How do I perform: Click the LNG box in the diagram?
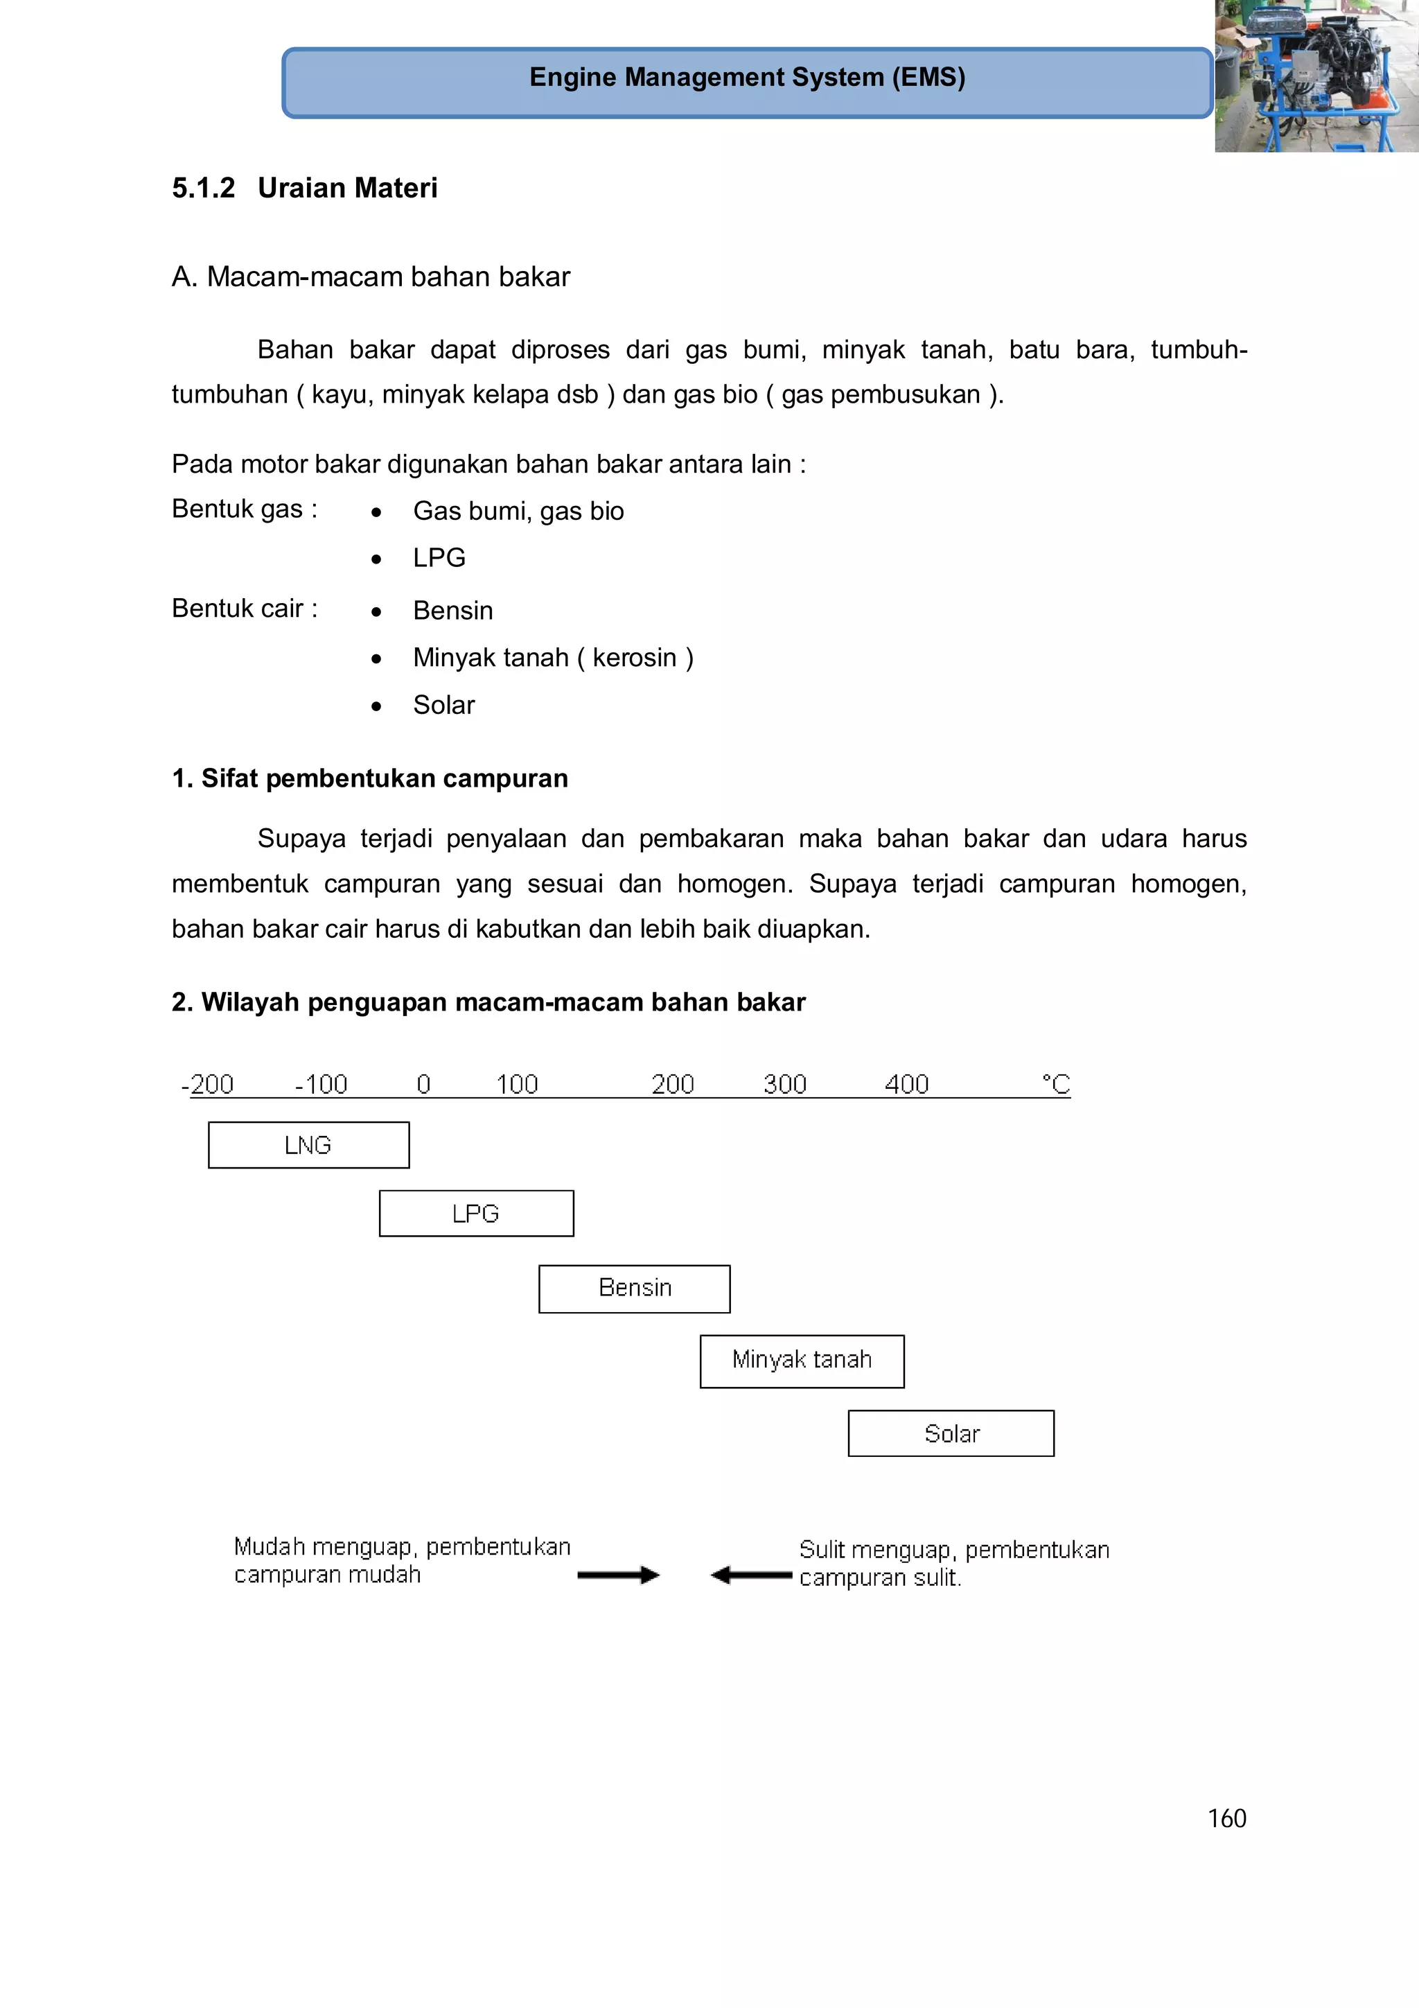point(308,1145)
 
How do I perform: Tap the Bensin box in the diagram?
point(634,1289)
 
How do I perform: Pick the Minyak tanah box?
point(801,1361)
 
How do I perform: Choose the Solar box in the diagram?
point(951,1433)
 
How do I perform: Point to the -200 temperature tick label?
point(207,1085)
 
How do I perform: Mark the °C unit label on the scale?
point(1055,1085)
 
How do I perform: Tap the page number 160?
point(1226,1818)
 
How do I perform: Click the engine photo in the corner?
point(1316,76)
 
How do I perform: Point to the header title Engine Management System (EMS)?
point(747,77)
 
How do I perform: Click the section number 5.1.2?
point(203,188)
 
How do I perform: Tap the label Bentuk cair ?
point(244,608)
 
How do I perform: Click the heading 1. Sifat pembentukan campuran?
point(370,778)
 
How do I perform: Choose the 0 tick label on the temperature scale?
point(423,1085)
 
